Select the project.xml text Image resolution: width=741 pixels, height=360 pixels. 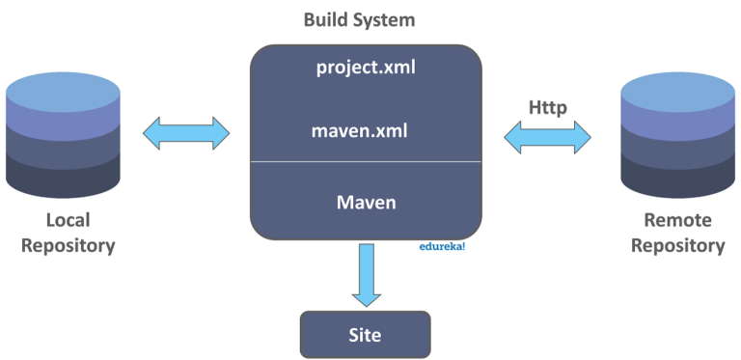[x=366, y=69]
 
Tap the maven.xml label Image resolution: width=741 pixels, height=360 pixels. [x=366, y=129]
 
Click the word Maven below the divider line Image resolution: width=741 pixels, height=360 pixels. [x=366, y=204]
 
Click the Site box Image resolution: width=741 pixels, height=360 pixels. [x=365, y=335]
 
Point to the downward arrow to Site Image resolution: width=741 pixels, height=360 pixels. [x=366, y=274]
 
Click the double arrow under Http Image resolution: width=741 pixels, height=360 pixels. [x=547, y=135]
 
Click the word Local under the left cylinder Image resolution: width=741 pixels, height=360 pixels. [x=67, y=220]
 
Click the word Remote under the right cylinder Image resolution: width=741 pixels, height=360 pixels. [x=677, y=220]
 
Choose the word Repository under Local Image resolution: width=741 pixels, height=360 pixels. [x=67, y=245]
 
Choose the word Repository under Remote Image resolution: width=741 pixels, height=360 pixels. [x=677, y=245]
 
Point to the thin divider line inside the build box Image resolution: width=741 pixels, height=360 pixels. [x=366, y=161]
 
